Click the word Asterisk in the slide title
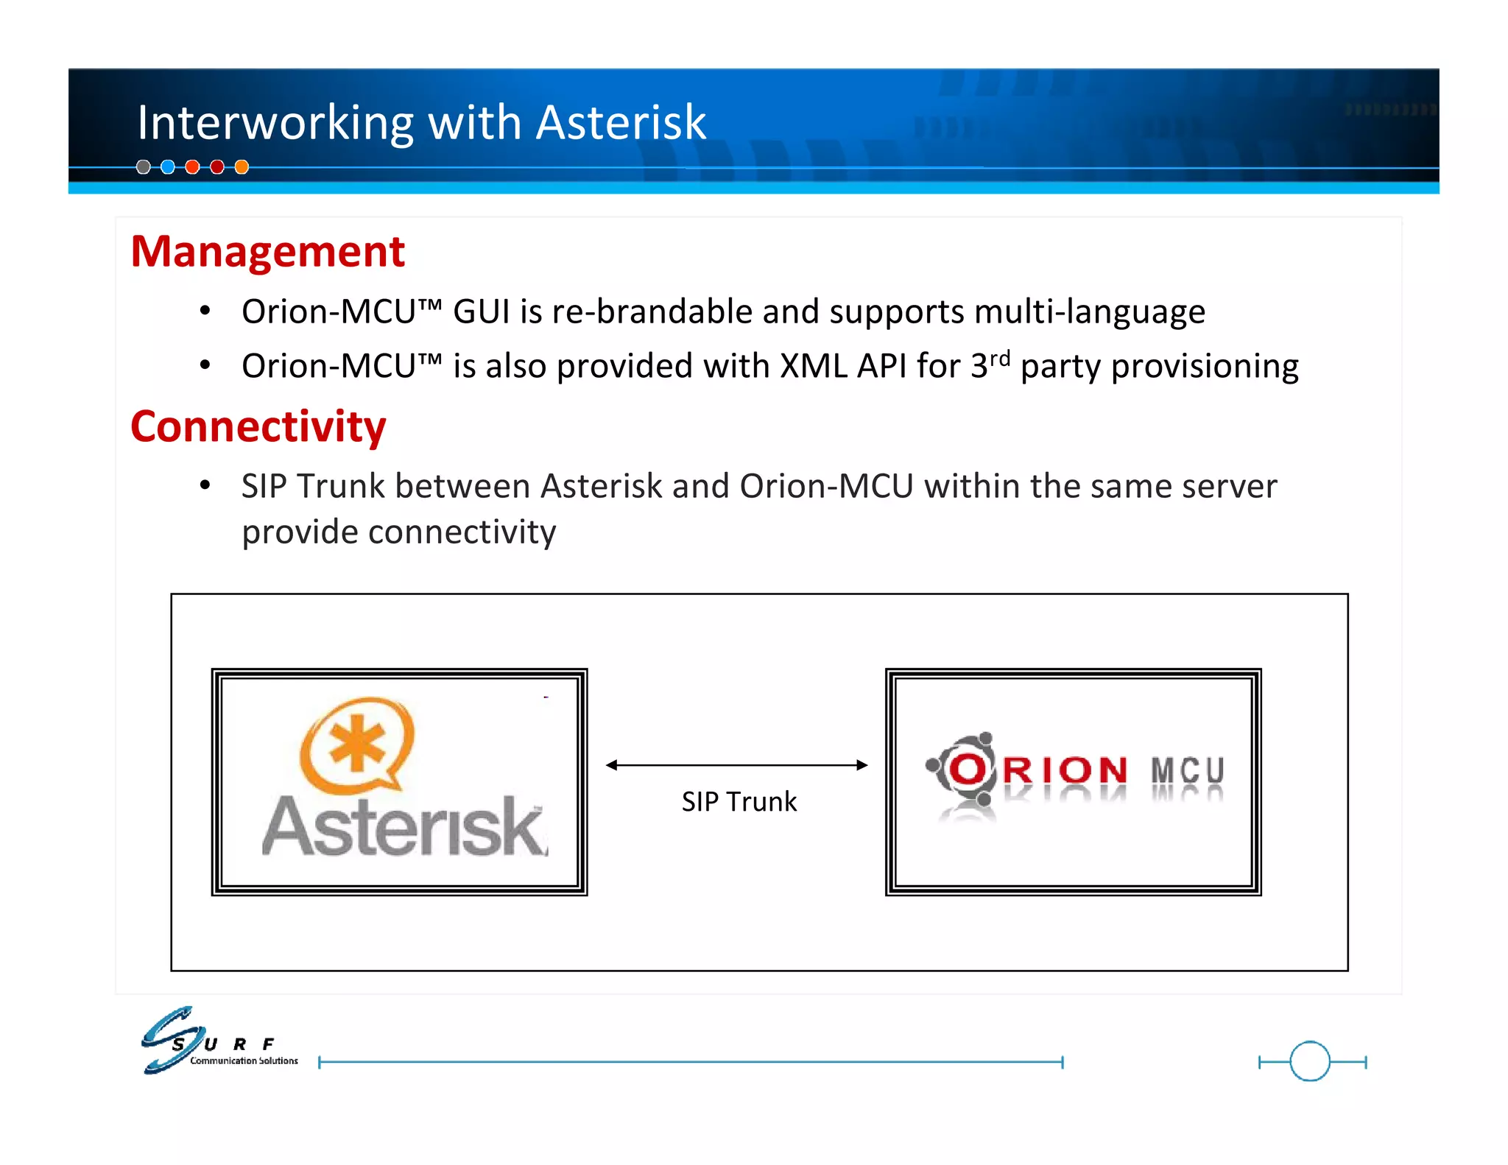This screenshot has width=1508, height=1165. tap(621, 122)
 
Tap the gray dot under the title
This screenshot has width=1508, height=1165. tap(144, 167)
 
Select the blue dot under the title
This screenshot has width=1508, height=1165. tap(168, 167)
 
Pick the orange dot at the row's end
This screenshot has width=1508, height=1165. tap(242, 167)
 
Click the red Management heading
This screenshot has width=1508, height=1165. tap(267, 251)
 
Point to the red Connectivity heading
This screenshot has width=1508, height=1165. tap(258, 426)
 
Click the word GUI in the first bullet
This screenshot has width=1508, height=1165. tap(481, 312)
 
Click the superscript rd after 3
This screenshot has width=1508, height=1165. tap(999, 359)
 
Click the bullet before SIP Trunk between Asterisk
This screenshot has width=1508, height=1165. tap(205, 485)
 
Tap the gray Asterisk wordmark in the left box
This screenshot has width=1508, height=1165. tap(404, 827)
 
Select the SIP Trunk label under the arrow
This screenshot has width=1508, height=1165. tap(739, 801)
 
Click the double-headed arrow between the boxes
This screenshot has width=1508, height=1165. tap(736, 765)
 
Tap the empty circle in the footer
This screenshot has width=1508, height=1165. tap(1310, 1061)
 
